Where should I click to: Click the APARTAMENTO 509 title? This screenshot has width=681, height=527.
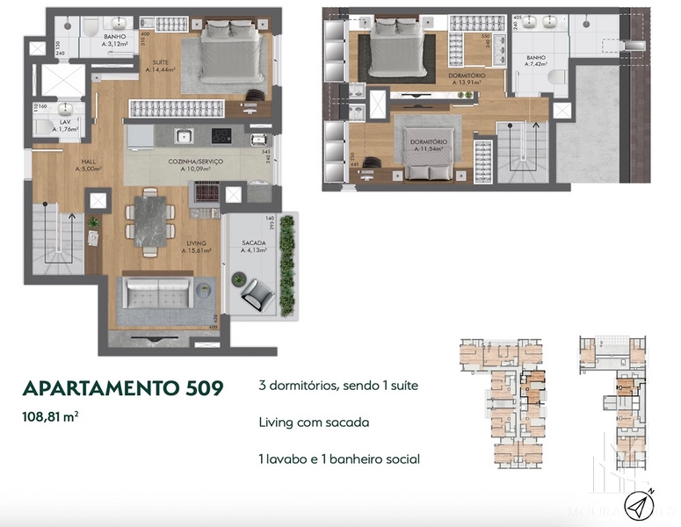[122, 387]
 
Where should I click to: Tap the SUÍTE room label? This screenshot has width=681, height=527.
[161, 64]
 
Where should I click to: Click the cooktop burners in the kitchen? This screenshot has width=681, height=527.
[221, 136]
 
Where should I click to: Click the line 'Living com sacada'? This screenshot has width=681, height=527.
[314, 422]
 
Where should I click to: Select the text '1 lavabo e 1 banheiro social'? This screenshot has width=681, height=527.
[339, 458]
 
